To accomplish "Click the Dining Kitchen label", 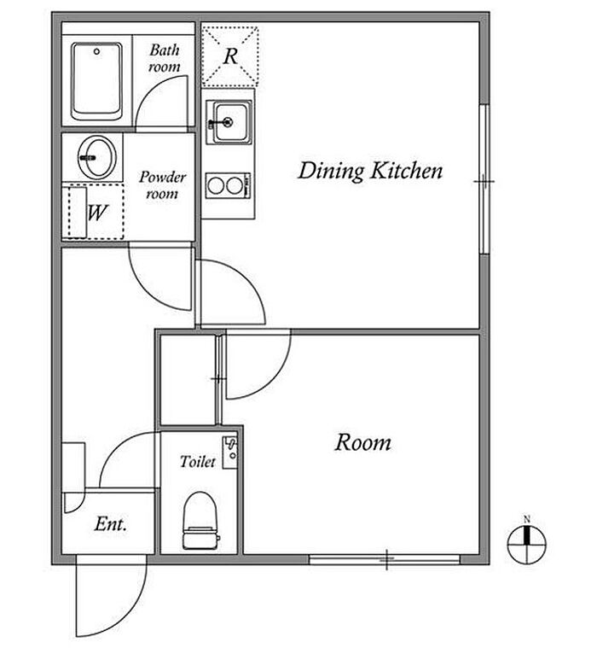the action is click(370, 171).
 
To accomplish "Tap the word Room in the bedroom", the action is click(363, 442).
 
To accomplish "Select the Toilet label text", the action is click(198, 461).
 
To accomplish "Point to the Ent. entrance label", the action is click(110, 524).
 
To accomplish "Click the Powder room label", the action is click(162, 185).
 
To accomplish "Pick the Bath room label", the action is click(165, 58).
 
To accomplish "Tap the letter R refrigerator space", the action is click(230, 56).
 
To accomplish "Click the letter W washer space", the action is click(97, 213).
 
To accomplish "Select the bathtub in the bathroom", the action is click(97, 80).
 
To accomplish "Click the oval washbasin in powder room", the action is click(97, 157).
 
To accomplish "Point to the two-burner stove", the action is click(229, 185).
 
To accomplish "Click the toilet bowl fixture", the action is click(200, 520).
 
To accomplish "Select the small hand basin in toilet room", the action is click(230, 452).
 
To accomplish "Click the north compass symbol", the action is click(527, 541).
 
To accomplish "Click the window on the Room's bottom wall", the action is click(385, 559).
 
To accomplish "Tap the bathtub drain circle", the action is click(97, 52).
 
